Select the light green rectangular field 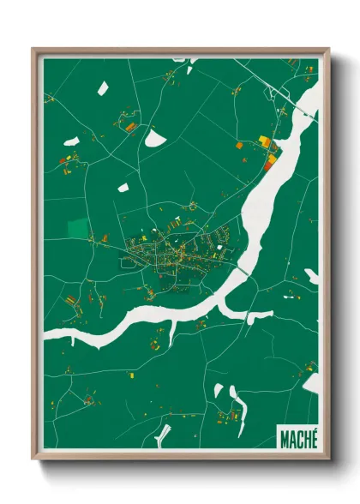[78, 228]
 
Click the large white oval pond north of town [155, 136]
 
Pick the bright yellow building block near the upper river [264, 141]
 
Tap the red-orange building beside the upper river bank [270, 160]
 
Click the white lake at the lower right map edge [312, 382]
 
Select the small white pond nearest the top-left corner [102, 87]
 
